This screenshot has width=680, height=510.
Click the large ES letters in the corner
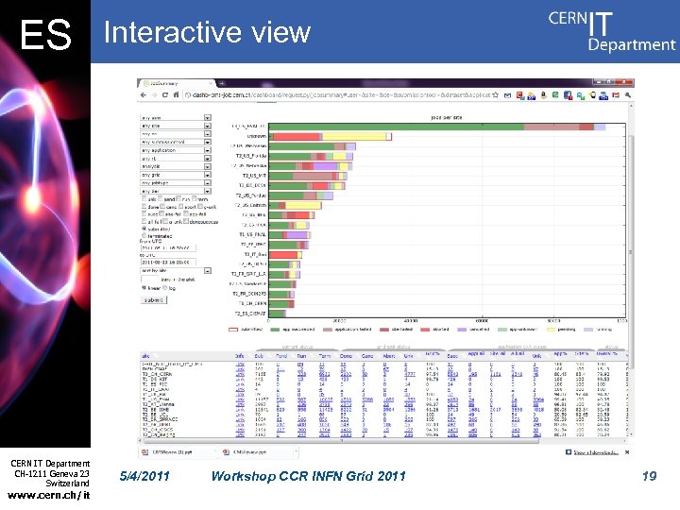(x=45, y=35)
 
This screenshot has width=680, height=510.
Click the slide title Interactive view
(x=207, y=32)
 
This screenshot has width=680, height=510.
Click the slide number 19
(x=648, y=476)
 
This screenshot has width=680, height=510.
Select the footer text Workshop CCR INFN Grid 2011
(x=309, y=476)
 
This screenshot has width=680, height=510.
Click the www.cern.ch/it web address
(x=48, y=496)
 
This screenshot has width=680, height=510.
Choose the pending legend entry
(x=565, y=330)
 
